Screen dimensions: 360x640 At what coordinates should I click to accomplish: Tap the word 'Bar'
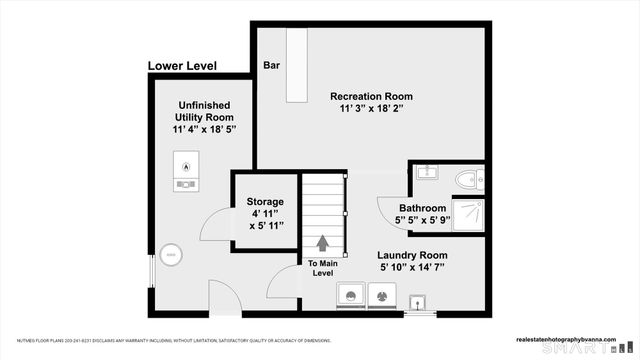point(271,66)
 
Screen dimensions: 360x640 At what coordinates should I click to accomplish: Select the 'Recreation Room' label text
point(371,97)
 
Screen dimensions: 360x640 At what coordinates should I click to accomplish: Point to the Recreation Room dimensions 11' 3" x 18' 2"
point(371,111)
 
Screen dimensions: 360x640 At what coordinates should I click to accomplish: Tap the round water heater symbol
point(171,256)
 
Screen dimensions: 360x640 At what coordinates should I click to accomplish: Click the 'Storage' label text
point(265,202)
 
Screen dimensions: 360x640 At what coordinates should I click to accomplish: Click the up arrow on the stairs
point(323,243)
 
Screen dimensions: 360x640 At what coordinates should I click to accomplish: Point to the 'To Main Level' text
point(322,269)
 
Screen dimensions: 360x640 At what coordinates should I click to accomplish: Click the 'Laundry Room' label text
point(413,255)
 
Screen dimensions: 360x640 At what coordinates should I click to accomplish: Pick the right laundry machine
point(383,296)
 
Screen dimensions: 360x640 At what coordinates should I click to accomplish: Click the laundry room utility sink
point(419,302)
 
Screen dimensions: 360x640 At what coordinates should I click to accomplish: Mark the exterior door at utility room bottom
point(224,299)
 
